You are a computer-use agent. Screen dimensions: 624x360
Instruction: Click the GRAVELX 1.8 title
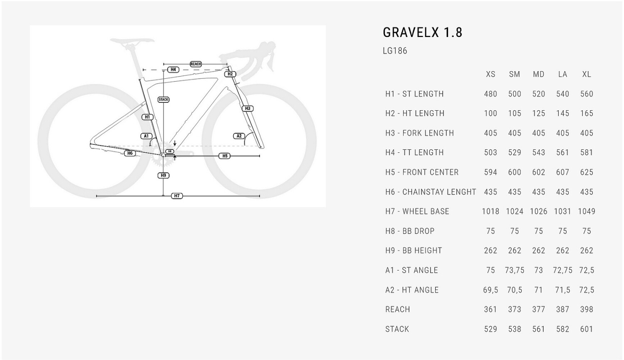[422, 32]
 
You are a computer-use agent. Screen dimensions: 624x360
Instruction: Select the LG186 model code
[395, 51]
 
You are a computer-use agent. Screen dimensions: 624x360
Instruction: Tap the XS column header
[490, 74]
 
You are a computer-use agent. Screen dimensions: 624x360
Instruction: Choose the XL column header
[587, 74]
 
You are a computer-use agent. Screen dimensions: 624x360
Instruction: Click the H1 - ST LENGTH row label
[414, 94]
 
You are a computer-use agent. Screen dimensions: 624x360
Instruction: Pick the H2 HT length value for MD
[538, 113]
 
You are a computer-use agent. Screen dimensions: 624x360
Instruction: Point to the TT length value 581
[587, 152]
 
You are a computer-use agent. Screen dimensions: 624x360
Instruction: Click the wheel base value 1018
[490, 211]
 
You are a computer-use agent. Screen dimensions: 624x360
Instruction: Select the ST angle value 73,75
[515, 270]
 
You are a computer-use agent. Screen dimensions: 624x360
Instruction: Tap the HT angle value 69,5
[490, 290]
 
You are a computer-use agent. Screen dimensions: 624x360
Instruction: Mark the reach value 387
[562, 309]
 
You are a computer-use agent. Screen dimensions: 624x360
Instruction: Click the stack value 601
[587, 329]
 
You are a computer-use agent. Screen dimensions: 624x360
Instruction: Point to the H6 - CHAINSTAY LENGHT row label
[431, 192]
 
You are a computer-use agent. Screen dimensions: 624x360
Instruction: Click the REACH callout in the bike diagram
[196, 64]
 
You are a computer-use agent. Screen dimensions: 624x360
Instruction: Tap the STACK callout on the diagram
[163, 99]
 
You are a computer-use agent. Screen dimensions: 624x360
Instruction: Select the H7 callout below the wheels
[177, 196]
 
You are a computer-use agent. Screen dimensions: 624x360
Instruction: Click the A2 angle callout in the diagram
[239, 136]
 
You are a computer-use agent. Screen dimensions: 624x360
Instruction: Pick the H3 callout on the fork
[248, 108]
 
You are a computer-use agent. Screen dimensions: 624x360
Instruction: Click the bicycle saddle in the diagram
[132, 42]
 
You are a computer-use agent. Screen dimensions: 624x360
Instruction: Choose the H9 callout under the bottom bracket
[163, 175]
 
